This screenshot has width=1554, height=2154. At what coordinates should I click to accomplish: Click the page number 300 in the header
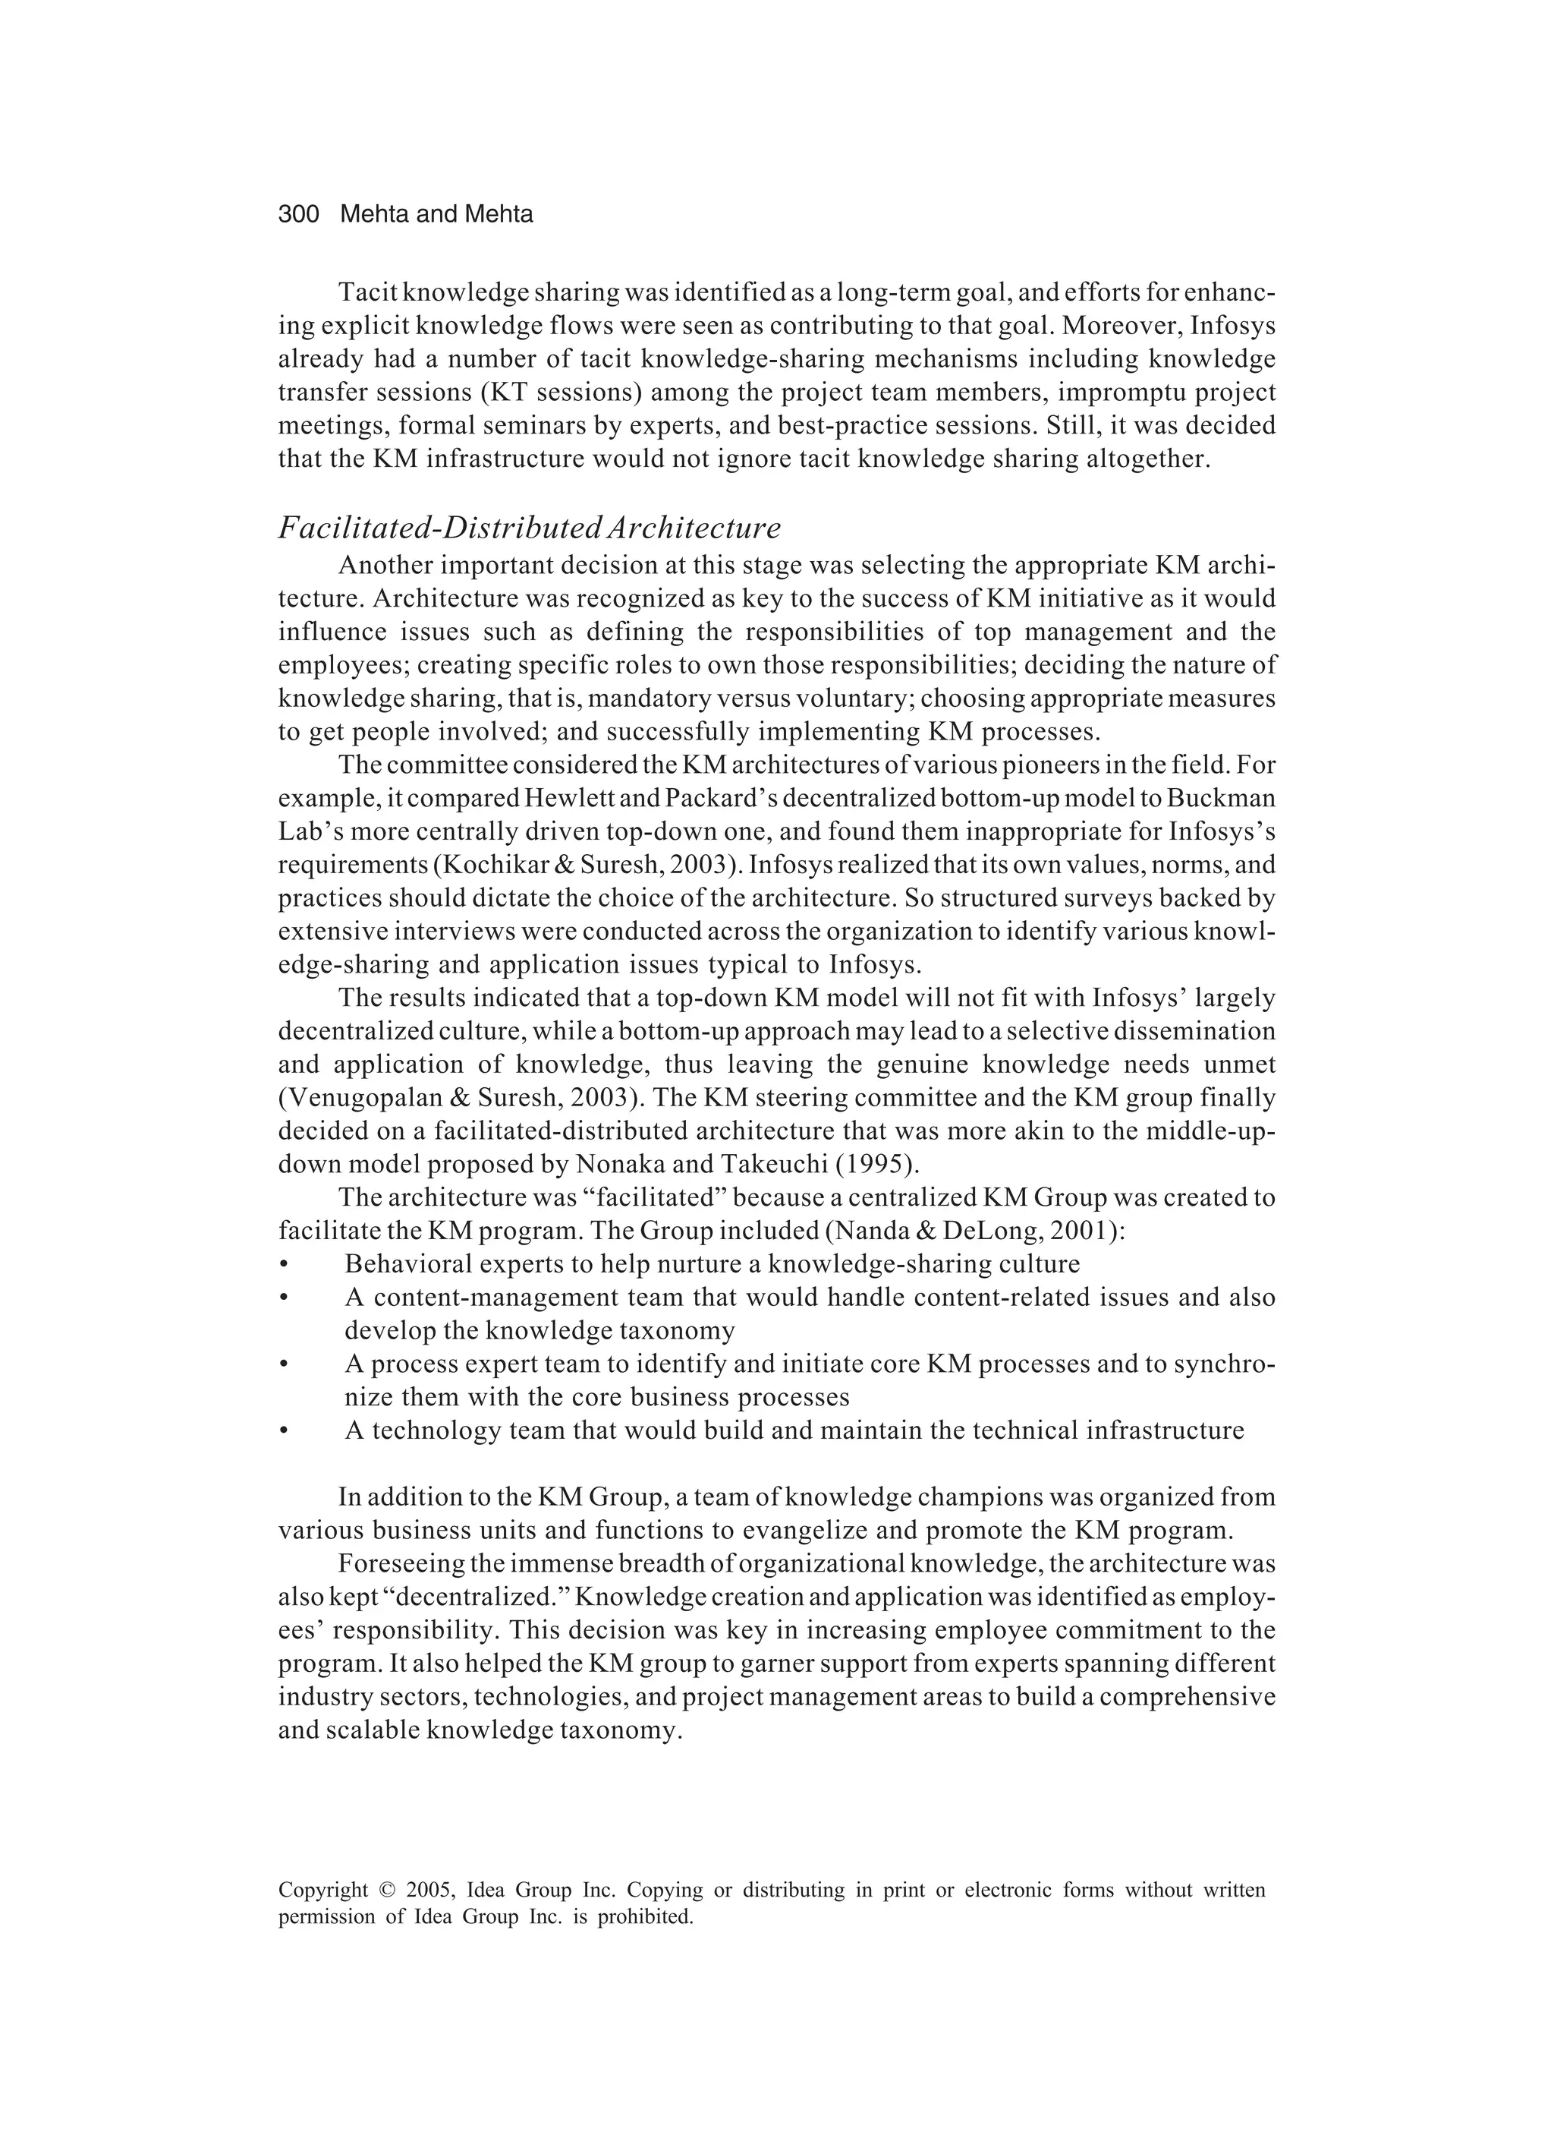[298, 215]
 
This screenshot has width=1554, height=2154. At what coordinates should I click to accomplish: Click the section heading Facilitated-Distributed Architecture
[529, 527]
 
